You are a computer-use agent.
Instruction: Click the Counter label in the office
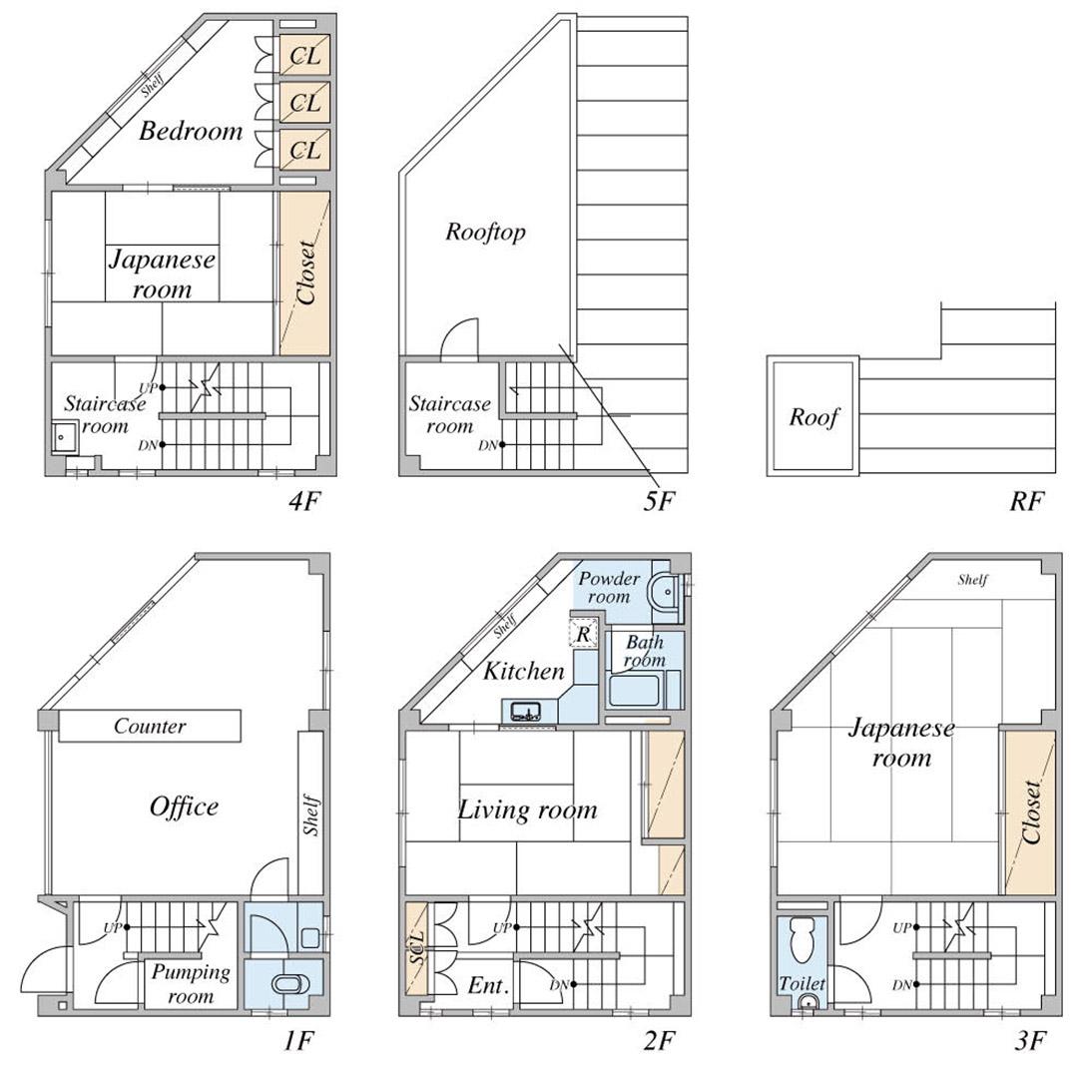(x=150, y=726)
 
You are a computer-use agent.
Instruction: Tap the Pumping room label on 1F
(x=191, y=984)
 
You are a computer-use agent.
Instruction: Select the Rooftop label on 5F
(x=485, y=233)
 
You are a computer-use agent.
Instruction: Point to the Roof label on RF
(x=814, y=416)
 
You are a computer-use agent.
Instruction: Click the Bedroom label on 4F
(x=191, y=131)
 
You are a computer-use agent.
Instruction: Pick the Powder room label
(x=609, y=587)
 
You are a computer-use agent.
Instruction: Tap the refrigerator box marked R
(x=583, y=633)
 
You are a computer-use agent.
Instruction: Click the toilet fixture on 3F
(x=802, y=939)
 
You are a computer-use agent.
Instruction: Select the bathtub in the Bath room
(x=635, y=691)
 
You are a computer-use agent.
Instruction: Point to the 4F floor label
(x=303, y=501)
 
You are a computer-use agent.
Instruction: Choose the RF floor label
(x=1026, y=501)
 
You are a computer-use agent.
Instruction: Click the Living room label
(x=527, y=809)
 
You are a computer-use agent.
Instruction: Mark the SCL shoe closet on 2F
(x=416, y=949)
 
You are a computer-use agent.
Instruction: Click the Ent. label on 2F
(x=488, y=985)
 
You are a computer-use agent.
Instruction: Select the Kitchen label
(x=523, y=671)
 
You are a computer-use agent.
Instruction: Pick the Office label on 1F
(x=184, y=807)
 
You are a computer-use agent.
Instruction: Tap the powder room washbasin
(x=664, y=591)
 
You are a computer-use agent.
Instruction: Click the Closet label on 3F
(x=1031, y=811)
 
